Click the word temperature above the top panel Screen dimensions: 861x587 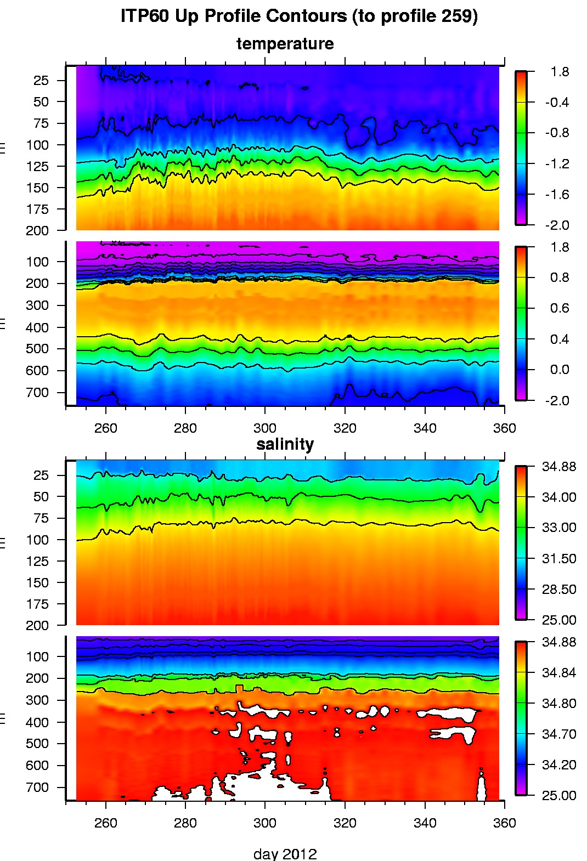pos(285,44)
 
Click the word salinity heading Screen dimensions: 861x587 pos(285,444)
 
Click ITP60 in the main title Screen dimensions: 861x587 pos(145,16)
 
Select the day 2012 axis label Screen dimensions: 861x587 pos(285,853)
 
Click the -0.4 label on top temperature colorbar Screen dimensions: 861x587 pos(556,103)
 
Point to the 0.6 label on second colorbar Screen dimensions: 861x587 pos(559,308)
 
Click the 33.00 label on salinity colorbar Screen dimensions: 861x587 pos(558,528)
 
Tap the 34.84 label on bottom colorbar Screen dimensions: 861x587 pos(558,673)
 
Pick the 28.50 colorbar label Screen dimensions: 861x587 pos(558,590)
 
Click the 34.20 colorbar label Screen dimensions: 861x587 pos(558,765)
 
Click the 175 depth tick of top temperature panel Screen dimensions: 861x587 pos(37,209)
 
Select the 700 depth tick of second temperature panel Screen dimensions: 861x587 pos(37,393)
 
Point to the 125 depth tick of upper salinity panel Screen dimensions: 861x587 pos(37,562)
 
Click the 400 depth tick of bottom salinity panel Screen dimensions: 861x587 pos(37,722)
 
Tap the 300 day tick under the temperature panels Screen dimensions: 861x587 pos(265,428)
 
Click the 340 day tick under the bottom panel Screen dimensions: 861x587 pos(425,823)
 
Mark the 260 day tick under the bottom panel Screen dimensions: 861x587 pos(105,823)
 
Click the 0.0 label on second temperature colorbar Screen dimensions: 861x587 pos(559,370)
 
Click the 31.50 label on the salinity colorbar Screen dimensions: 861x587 pos(558,559)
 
